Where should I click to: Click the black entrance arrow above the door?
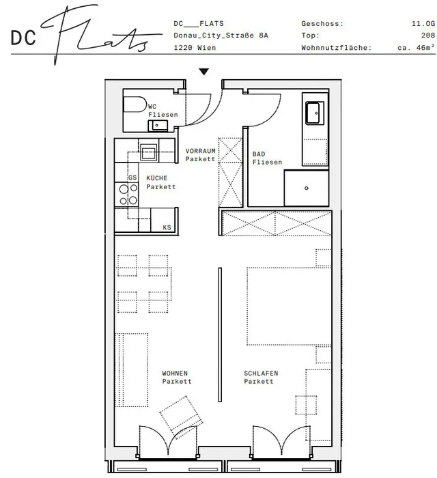click(204, 72)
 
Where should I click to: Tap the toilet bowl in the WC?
click(135, 104)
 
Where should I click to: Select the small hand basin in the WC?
click(158, 125)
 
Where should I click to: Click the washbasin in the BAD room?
click(315, 113)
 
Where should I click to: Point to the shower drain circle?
click(307, 188)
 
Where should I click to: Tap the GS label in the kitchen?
click(132, 178)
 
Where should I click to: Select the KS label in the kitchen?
click(167, 227)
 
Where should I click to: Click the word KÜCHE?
click(156, 178)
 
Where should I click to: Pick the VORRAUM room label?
click(200, 151)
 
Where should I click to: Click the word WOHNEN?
click(175, 373)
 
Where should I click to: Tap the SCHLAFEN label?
click(261, 373)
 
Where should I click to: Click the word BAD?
click(258, 154)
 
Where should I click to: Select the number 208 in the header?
click(428, 36)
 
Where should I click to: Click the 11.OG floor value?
click(423, 23)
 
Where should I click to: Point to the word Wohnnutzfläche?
click(337, 48)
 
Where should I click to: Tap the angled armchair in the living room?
click(182, 414)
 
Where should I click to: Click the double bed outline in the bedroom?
click(289, 307)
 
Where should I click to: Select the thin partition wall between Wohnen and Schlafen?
click(220, 335)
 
